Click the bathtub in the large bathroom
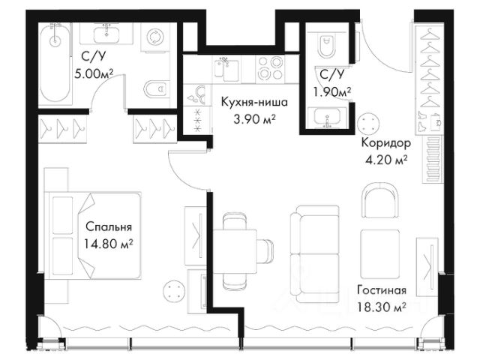pyautogui.click(x=55, y=63)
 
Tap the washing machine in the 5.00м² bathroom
pyautogui.click(x=155, y=37)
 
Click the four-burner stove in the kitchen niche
pyautogui.click(x=270, y=68)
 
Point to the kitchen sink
pyautogui.click(x=226, y=70)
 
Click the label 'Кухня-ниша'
pyautogui.click(x=254, y=102)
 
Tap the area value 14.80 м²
pyautogui.click(x=108, y=244)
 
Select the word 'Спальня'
pyautogui.click(x=109, y=227)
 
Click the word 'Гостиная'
pyautogui.click(x=382, y=290)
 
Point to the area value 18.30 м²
pyautogui.click(x=382, y=307)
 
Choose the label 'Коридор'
pyautogui.click(x=386, y=142)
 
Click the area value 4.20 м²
pyautogui.click(x=386, y=159)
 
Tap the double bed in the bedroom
pyautogui.click(x=93, y=235)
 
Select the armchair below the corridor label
pyautogui.click(x=380, y=200)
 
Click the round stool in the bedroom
pyautogui.click(x=174, y=290)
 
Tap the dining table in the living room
pyautogui.click(x=235, y=250)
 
